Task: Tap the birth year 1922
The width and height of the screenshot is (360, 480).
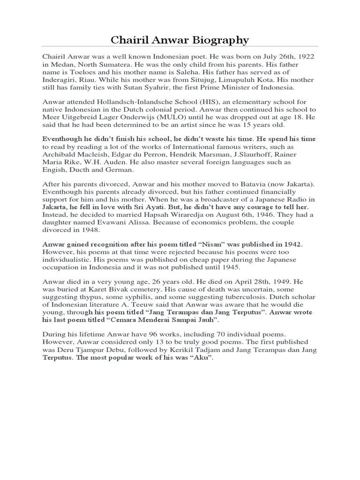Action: tap(305, 56)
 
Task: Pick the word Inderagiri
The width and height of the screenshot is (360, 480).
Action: tap(62, 79)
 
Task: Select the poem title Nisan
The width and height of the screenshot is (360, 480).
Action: tap(201, 245)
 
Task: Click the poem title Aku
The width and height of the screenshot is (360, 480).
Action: tap(200, 358)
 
